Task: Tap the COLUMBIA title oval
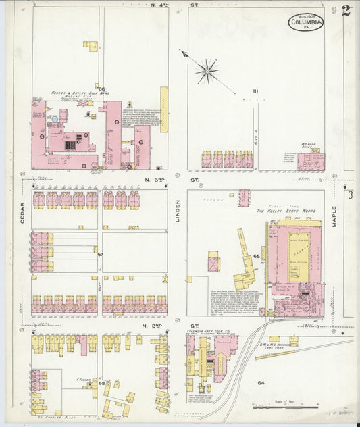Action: click(x=306, y=24)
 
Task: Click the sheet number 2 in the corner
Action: click(x=345, y=11)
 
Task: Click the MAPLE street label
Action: click(x=334, y=220)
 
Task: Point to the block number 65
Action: click(x=257, y=257)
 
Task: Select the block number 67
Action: click(x=101, y=254)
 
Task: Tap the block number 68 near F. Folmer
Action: click(x=102, y=384)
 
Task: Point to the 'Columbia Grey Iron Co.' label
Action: click(x=209, y=332)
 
